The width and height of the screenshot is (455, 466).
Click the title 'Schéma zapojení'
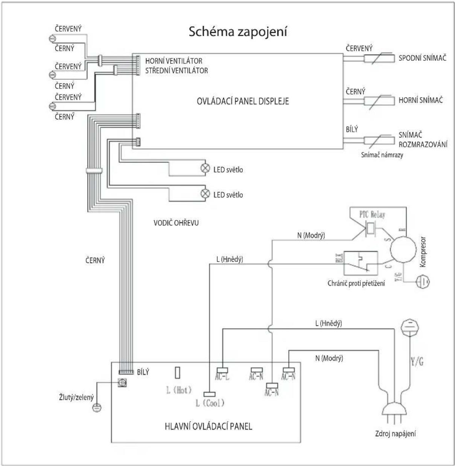(x=238, y=32)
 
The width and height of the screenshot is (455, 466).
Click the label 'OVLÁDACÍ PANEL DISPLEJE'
(x=243, y=101)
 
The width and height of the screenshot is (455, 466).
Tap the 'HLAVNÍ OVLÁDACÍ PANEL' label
(x=208, y=426)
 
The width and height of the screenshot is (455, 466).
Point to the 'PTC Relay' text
(x=372, y=214)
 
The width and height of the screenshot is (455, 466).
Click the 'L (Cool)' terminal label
(x=210, y=403)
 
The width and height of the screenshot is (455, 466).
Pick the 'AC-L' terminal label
(x=222, y=377)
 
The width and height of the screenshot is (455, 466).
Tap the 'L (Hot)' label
(x=179, y=390)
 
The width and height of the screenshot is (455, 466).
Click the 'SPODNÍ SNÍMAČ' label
(x=422, y=58)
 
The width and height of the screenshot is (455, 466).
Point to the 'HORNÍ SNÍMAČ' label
(x=420, y=100)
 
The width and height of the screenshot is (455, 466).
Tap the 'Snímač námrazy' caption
(x=382, y=155)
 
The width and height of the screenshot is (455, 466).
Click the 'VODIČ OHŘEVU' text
(x=176, y=223)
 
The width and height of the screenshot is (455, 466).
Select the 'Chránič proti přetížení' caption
(x=356, y=284)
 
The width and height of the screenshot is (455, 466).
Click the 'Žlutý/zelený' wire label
(x=76, y=397)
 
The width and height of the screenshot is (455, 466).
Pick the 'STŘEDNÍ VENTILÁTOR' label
(x=177, y=71)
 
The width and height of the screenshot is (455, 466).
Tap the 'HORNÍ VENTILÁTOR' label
(x=173, y=61)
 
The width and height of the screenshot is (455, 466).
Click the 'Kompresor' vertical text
(x=423, y=252)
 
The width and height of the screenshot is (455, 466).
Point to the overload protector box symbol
(x=361, y=263)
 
